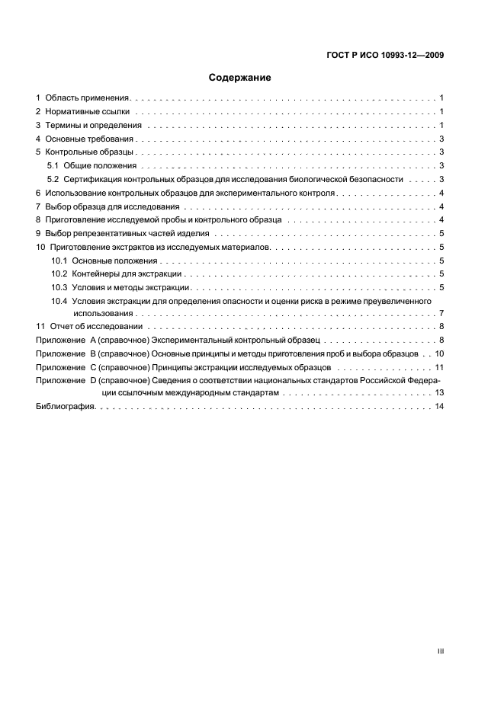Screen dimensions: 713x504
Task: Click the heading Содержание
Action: point(240,78)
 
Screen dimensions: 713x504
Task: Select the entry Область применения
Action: point(88,98)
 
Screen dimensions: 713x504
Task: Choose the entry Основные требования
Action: point(90,139)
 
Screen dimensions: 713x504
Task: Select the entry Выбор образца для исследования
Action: point(112,206)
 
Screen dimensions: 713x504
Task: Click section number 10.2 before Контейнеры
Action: point(59,273)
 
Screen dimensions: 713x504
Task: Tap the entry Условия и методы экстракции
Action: point(130,287)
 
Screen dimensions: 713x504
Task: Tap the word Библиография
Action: point(66,408)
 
